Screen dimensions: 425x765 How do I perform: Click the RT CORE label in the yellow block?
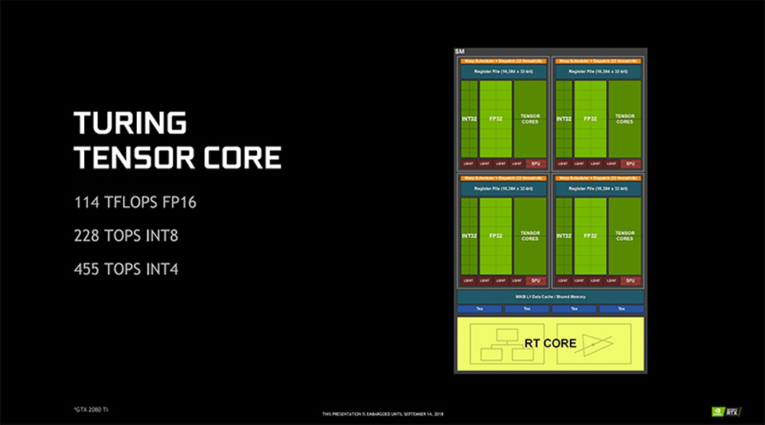pos(550,343)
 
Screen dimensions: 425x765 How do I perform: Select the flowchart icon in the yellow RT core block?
pos(504,345)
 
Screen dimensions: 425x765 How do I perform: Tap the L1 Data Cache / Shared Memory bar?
pos(550,296)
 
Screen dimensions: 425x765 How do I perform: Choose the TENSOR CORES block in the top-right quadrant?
pos(624,119)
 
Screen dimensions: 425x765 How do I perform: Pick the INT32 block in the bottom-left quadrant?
pos(468,236)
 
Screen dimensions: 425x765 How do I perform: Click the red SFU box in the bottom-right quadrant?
pos(630,280)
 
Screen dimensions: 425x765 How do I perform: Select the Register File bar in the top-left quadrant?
pos(503,71)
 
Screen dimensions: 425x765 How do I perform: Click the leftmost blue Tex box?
pos(479,309)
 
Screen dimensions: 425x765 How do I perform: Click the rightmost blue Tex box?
pos(621,309)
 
